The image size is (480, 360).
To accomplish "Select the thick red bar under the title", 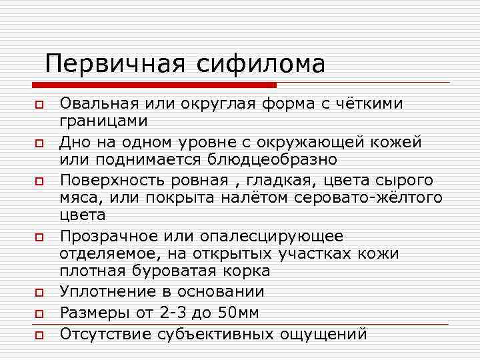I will [x=153, y=85].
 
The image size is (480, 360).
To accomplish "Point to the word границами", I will [x=103, y=121].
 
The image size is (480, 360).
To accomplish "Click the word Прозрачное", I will [x=108, y=236].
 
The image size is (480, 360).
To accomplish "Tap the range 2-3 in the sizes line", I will [x=174, y=312].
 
